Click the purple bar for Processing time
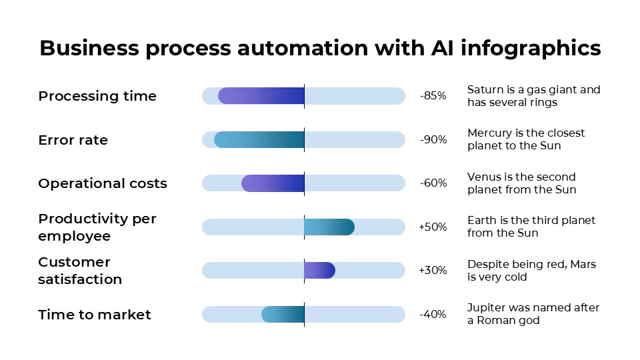coord(261,96)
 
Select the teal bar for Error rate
coord(259,139)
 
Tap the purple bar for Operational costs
coord(273,183)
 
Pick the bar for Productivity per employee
coord(329,227)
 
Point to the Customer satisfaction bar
coord(319,270)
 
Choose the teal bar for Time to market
coord(283,314)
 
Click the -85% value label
coord(433,96)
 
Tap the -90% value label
coord(433,139)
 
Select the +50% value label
coord(433,227)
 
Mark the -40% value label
coord(433,314)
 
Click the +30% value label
coord(433,270)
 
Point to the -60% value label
coord(433,183)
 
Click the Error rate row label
coord(73,140)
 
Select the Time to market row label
coord(95,315)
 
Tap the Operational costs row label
coord(103,183)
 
